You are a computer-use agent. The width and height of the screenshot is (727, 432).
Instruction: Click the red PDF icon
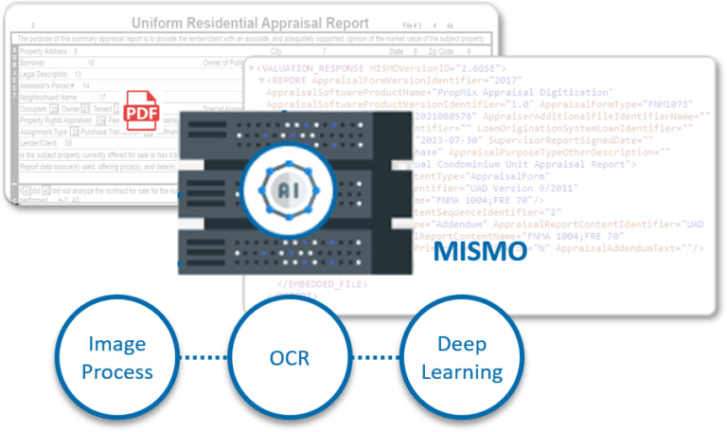pyautogui.click(x=142, y=112)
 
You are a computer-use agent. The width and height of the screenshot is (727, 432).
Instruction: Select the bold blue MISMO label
pyautogui.click(x=480, y=251)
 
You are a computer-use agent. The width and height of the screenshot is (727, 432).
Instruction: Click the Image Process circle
pyautogui.click(x=116, y=357)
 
